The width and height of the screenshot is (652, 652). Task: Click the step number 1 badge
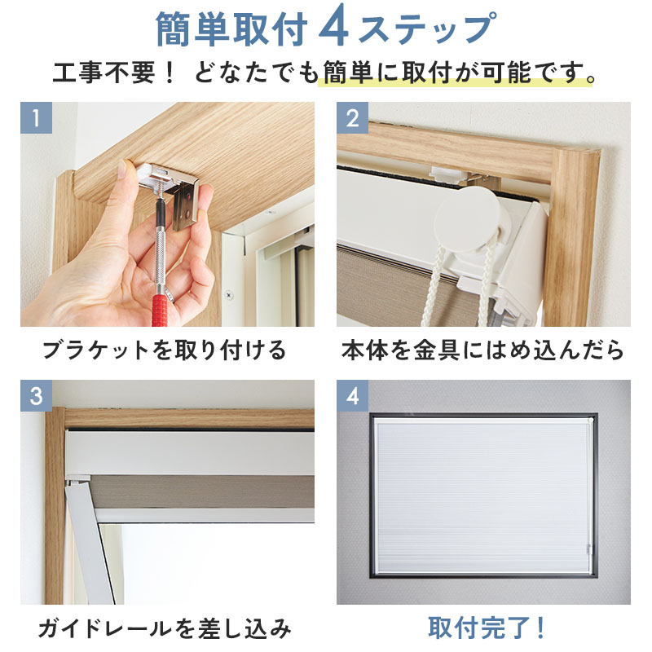(36, 117)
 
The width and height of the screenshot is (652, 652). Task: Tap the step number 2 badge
(352, 117)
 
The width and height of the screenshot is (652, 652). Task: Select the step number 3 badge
(36, 395)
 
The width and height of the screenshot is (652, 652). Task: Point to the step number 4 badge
(352, 395)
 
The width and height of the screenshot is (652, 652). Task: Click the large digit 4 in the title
(334, 29)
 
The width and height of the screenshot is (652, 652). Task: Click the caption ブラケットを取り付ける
(165, 350)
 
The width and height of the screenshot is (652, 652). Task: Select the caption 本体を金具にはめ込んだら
(482, 350)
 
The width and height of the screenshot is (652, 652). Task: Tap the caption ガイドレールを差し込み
(165, 628)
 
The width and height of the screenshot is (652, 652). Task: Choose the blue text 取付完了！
(487, 628)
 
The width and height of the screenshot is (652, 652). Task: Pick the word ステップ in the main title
(426, 29)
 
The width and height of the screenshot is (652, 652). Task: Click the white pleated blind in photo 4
(483, 496)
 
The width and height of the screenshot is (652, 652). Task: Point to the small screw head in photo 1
(229, 296)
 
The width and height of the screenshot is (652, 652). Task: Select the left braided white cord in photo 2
(433, 287)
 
